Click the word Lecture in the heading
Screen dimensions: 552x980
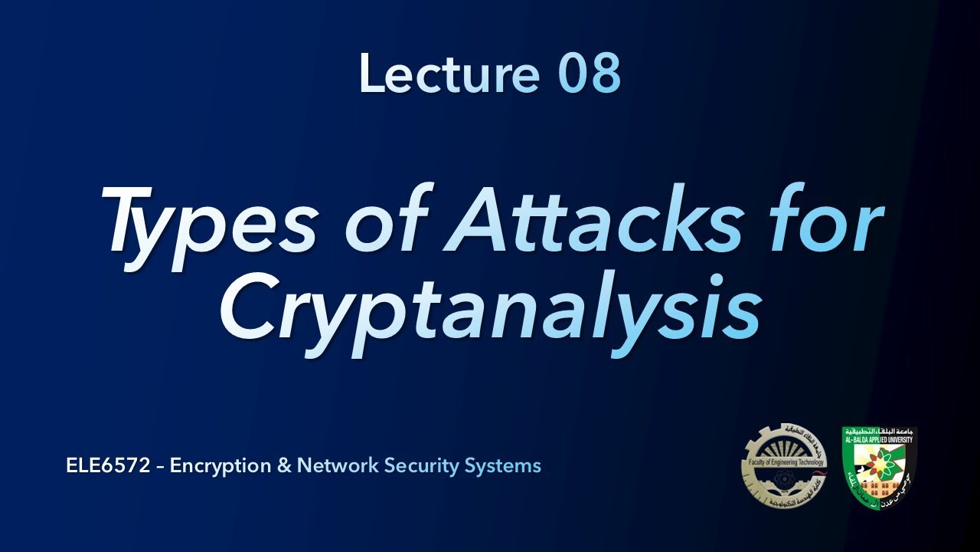coord(449,74)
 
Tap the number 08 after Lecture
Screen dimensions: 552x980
coord(588,74)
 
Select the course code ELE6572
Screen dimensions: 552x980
coord(109,465)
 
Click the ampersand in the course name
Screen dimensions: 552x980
coord(284,465)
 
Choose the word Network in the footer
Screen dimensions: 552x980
coord(338,465)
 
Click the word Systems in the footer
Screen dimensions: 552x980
coord(505,465)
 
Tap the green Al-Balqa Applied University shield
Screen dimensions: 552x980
coord(878,468)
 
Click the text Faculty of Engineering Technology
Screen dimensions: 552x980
coord(784,462)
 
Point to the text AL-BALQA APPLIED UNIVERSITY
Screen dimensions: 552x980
coord(879,440)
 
